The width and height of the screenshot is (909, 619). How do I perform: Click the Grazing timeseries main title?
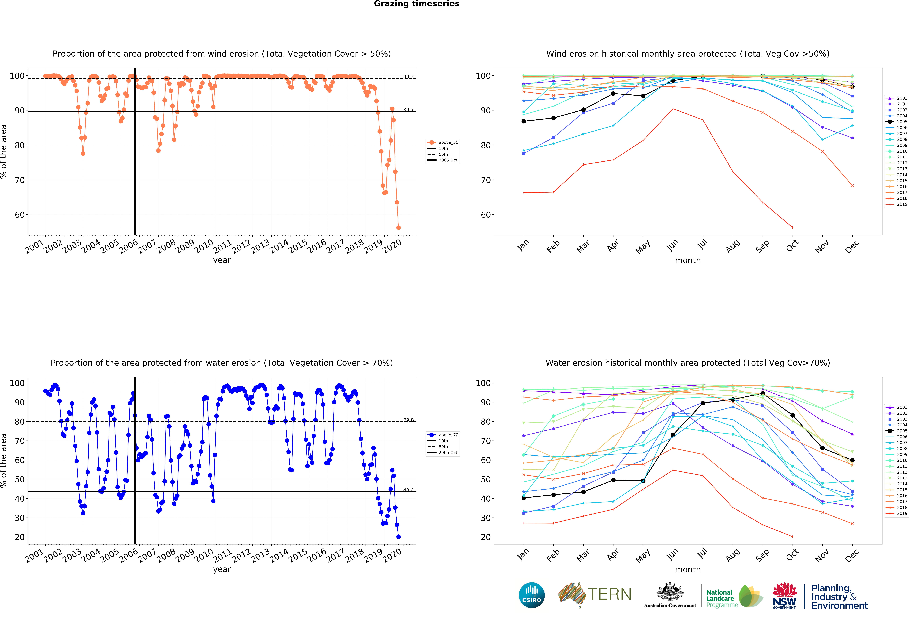pyautogui.click(x=417, y=4)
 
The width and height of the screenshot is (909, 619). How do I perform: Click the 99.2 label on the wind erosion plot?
pyautogui.click(x=408, y=77)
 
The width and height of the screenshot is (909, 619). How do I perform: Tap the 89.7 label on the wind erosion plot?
pyautogui.click(x=408, y=110)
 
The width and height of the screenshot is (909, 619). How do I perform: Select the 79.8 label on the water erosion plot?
pyautogui.click(x=408, y=420)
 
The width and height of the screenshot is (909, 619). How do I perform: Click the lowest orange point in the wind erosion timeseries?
pyautogui.click(x=398, y=227)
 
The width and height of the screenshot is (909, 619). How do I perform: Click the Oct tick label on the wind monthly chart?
pyautogui.click(x=792, y=246)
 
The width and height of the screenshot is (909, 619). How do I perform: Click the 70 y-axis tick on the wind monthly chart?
pyautogui.click(x=485, y=180)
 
